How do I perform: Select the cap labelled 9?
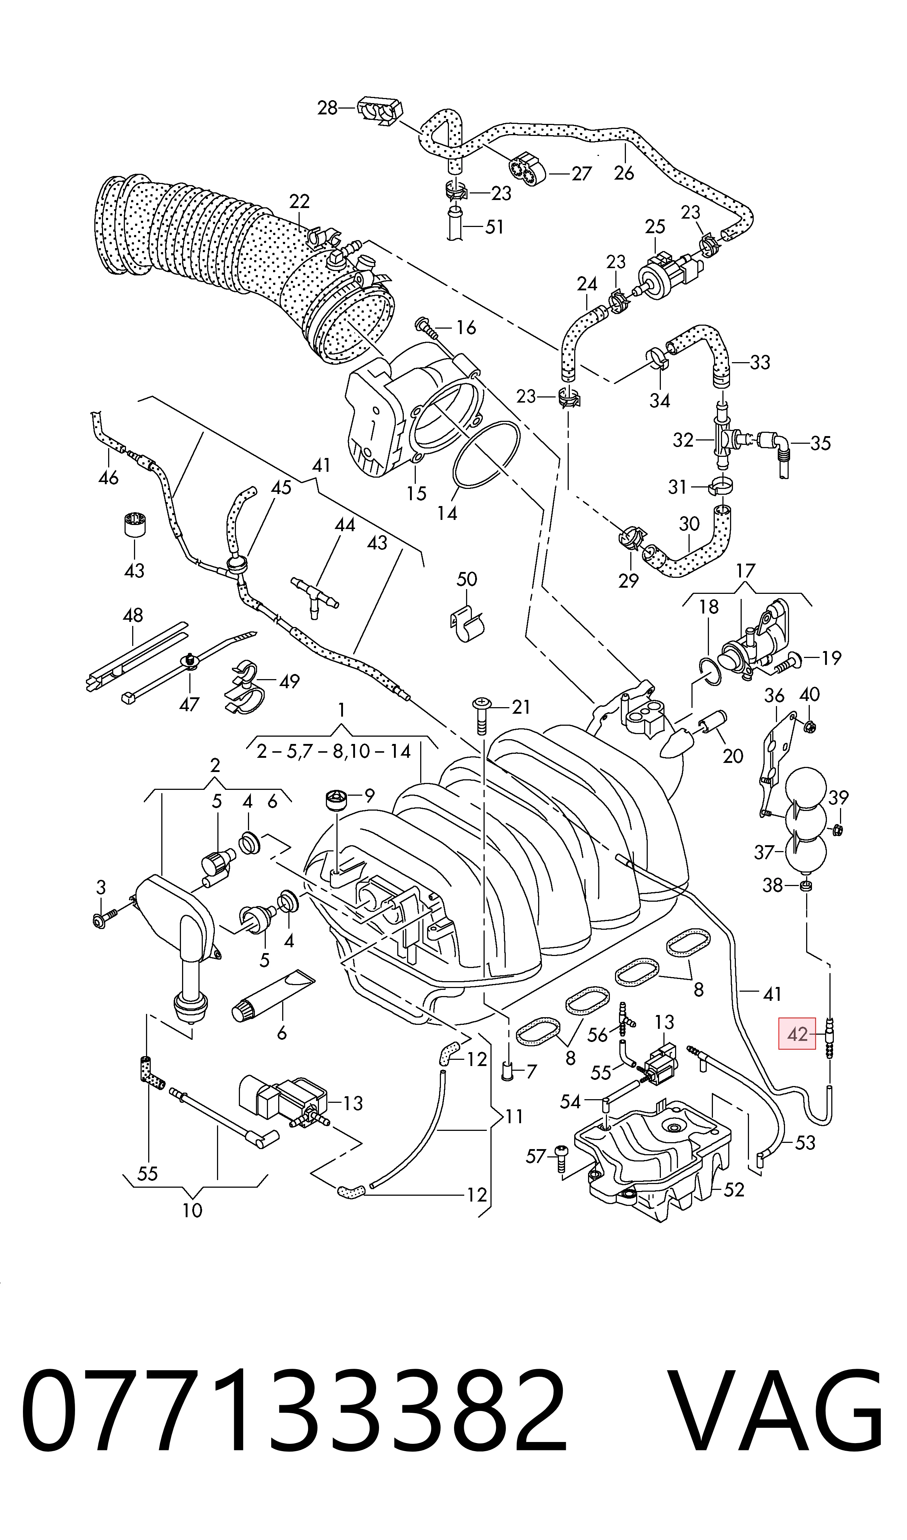[336, 799]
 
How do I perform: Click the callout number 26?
[624, 173]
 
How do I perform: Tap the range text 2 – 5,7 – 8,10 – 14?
[334, 751]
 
